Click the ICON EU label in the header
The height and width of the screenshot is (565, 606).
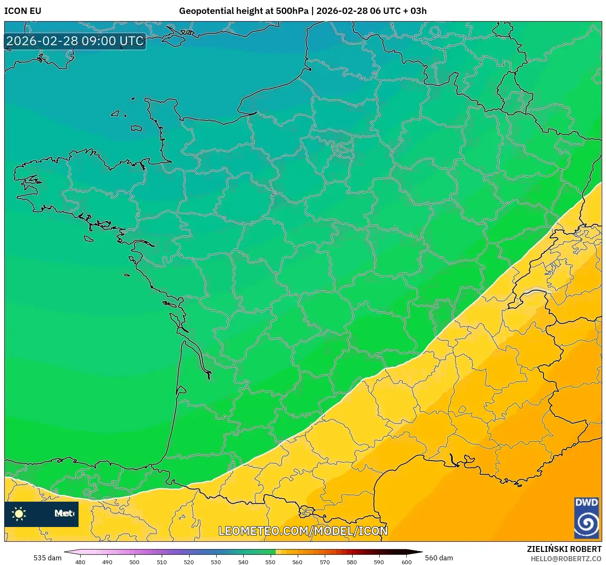click(23, 11)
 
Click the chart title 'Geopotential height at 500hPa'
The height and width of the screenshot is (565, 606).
click(244, 11)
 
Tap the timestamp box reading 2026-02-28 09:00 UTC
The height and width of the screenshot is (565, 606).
click(75, 41)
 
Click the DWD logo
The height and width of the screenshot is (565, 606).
click(587, 518)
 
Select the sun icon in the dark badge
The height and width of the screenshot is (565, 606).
click(19, 514)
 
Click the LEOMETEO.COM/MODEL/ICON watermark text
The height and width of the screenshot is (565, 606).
click(303, 531)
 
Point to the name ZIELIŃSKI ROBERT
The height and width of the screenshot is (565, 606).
click(564, 549)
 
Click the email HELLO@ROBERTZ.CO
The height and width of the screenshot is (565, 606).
click(566, 559)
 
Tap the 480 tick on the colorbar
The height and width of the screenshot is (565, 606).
click(80, 562)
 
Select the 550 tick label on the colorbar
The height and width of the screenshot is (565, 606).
click(270, 562)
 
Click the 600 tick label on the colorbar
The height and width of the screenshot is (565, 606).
click(406, 562)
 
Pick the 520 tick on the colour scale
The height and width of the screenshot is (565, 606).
click(189, 562)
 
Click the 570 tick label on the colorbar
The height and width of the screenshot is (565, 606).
click(325, 562)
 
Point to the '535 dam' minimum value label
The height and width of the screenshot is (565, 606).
click(47, 558)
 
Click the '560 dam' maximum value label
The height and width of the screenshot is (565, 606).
click(439, 558)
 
